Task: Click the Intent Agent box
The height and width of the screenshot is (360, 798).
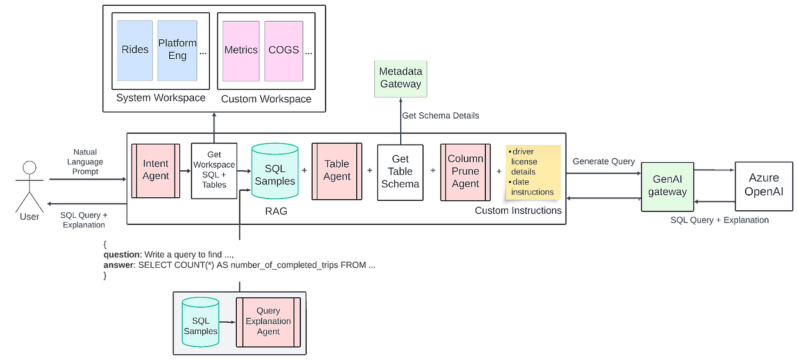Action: pyautogui.click(x=155, y=170)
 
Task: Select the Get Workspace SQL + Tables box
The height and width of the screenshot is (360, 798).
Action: pyautogui.click(x=214, y=171)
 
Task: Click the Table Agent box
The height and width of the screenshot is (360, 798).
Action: pyautogui.click(x=336, y=170)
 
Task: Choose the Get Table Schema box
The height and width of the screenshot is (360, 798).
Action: pyautogui.click(x=400, y=171)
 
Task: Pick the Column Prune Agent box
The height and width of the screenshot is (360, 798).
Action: pyautogui.click(x=465, y=171)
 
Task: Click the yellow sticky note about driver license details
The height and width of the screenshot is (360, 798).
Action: pyautogui.click(x=533, y=172)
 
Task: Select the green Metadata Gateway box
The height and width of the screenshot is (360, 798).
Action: pyautogui.click(x=400, y=78)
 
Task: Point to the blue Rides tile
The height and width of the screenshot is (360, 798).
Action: pyautogui.click(x=135, y=50)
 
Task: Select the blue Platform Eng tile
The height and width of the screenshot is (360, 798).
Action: pyautogui.click(x=177, y=50)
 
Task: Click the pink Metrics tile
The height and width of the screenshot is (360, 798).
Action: pyautogui.click(x=241, y=50)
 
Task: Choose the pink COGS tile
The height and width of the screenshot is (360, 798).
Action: pyautogui.click(x=284, y=50)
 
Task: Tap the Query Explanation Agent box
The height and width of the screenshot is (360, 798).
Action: pyautogui.click(x=268, y=321)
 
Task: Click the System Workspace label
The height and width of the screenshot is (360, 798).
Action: pyautogui.click(x=160, y=97)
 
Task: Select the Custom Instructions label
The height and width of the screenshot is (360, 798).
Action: pyautogui.click(x=518, y=210)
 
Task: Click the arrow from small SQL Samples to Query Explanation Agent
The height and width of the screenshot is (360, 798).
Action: pyautogui.click(x=227, y=322)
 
